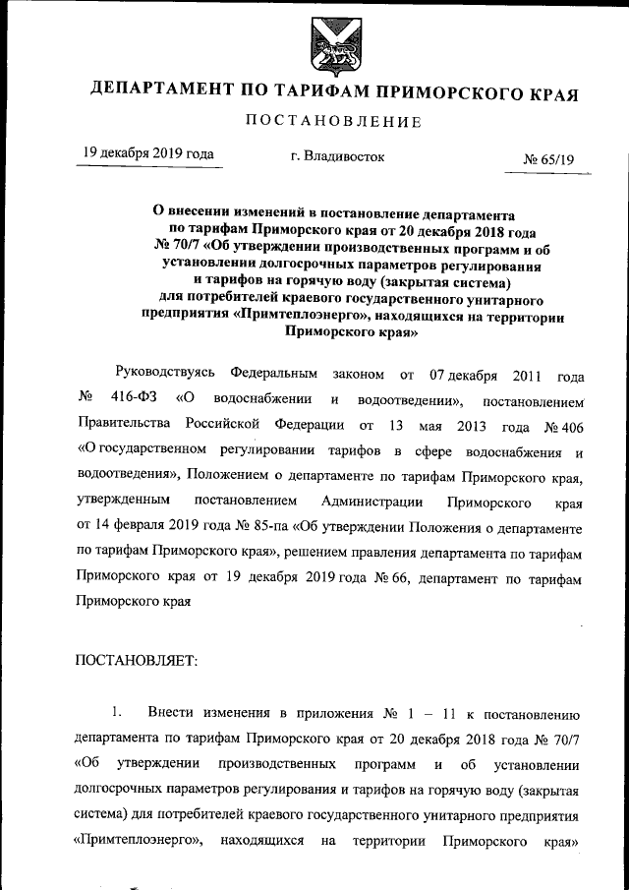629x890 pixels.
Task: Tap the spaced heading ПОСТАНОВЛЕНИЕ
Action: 331,122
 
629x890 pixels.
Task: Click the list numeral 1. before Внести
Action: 117,711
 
